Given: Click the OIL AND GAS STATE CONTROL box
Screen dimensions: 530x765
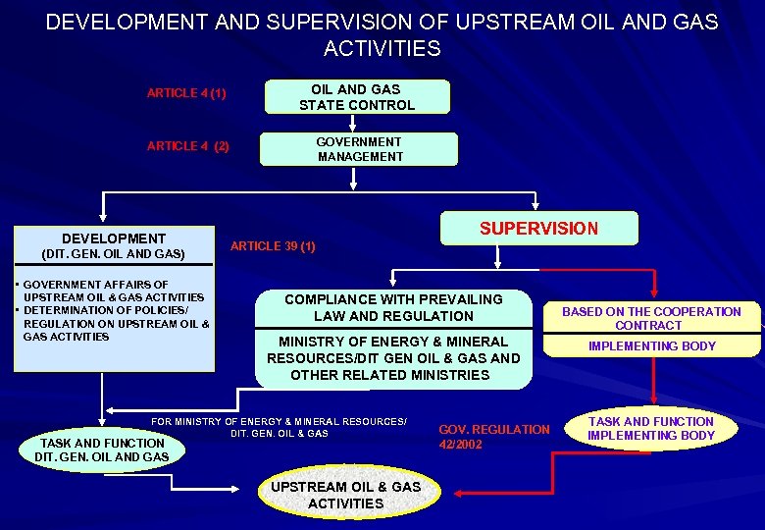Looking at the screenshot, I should coord(356,97).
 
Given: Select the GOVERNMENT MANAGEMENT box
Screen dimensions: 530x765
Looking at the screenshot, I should coord(360,149).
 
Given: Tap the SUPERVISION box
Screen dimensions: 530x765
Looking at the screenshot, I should coord(538,229).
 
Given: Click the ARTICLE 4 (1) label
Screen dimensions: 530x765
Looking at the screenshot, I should coord(186,93).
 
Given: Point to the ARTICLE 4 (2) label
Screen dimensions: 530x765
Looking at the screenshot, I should coord(187,146).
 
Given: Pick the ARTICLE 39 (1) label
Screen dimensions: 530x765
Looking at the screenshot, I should coord(273,246).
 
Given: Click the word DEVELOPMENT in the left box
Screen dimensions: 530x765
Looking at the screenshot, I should coord(114,238).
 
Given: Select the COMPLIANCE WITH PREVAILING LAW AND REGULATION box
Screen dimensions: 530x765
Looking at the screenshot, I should coord(393,307).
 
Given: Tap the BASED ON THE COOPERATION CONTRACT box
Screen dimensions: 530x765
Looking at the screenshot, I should coord(651,318).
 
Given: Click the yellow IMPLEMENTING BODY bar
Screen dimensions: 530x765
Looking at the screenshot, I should coord(651,345).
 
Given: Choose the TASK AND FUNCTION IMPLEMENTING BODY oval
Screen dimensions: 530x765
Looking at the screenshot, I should coord(651,429).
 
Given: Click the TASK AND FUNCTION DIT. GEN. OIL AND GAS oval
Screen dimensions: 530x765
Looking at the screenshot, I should coord(101,450).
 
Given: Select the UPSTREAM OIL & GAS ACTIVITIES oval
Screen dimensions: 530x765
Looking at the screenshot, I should coord(345,495).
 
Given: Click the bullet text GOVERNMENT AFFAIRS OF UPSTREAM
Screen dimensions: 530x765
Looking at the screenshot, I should coord(112,291).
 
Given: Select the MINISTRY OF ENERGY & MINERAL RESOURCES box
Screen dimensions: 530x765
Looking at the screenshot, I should coord(393,358).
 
